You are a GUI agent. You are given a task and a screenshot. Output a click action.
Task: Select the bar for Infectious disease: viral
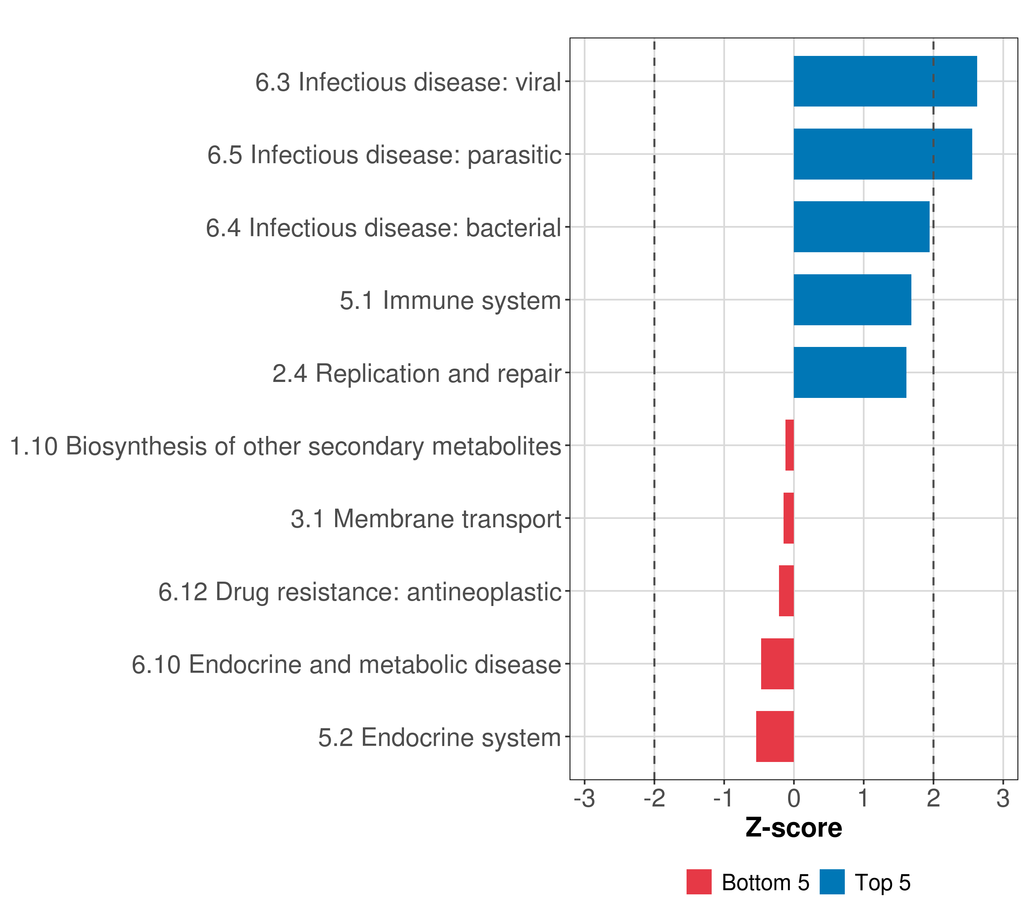click(x=885, y=81)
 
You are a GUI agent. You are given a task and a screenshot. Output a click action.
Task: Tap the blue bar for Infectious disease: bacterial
click(x=861, y=227)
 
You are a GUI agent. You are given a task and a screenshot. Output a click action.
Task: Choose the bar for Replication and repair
click(x=850, y=372)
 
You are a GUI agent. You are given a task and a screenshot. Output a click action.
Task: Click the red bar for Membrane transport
click(x=789, y=518)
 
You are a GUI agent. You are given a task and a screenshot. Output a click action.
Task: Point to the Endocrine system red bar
click(x=775, y=736)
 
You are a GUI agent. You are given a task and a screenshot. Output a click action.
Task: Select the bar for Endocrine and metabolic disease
click(x=777, y=664)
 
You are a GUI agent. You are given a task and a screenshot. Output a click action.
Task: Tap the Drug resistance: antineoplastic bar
click(x=786, y=591)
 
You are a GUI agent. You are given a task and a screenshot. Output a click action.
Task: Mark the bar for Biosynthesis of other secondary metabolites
click(x=789, y=445)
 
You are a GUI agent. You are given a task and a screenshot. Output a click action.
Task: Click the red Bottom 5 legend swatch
click(x=699, y=882)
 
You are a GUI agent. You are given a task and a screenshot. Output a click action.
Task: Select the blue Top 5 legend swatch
click(x=832, y=882)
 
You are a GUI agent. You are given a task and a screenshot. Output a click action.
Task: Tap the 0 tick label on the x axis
click(x=794, y=798)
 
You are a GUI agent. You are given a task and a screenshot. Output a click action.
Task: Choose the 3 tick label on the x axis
click(x=1003, y=798)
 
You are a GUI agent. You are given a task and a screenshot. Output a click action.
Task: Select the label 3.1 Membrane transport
click(x=426, y=519)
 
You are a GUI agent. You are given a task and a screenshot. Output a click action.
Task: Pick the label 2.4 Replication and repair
click(x=417, y=373)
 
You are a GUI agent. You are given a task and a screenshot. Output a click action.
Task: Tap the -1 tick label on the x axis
click(x=724, y=798)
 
